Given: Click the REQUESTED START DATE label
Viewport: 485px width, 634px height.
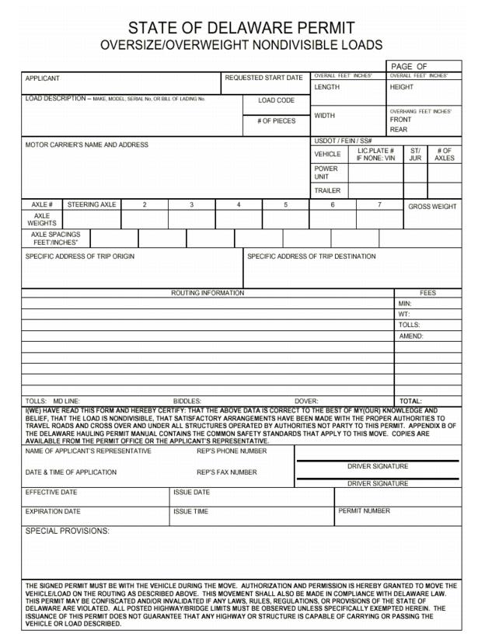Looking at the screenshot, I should point(263,78).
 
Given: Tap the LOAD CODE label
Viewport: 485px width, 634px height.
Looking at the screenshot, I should point(276,101).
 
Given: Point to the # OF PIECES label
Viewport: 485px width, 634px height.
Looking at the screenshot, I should point(276,121).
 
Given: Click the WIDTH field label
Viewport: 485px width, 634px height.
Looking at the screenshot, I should point(325,116).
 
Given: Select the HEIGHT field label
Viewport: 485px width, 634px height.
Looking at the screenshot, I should point(402,87).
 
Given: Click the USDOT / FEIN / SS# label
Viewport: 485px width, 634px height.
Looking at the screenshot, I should point(337,141).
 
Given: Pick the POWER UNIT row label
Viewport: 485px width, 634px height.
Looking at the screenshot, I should point(326,172).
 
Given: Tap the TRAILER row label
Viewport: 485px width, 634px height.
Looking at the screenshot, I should point(327,190).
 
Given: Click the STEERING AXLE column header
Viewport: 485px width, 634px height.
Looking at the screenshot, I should point(92,205).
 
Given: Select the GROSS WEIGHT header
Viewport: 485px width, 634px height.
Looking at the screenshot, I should point(432,207).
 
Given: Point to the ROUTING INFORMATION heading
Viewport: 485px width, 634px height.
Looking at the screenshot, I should point(208,293).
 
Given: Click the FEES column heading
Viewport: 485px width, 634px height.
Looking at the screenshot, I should point(428,293).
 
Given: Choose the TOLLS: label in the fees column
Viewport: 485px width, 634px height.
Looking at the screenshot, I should point(409,326).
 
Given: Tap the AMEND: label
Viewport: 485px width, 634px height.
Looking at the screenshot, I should point(410,336).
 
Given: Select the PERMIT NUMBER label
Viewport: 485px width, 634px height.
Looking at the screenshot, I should point(364,511).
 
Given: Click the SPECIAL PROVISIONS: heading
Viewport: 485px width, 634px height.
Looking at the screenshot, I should point(68,531).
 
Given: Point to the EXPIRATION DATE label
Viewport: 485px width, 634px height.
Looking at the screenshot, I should point(53,512).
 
